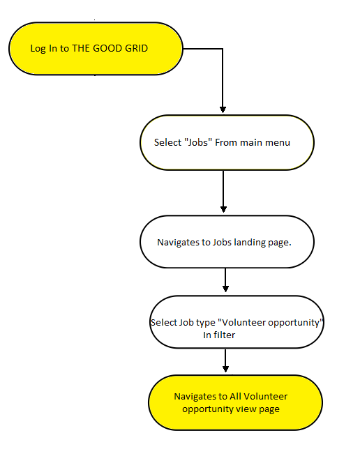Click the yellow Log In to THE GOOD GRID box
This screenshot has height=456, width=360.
point(96,49)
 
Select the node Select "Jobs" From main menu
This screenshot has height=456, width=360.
point(227,142)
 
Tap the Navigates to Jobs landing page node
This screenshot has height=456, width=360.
point(227,242)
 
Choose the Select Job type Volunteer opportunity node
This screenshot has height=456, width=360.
point(237,322)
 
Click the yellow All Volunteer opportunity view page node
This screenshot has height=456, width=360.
point(235,402)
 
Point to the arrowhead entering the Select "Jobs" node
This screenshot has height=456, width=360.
point(223,110)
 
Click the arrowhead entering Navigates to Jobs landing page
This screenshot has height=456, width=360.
point(223,209)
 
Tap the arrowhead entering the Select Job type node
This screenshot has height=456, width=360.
point(225,289)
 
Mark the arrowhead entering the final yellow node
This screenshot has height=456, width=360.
point(225,369)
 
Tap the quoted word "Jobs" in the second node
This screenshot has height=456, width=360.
point(198,142)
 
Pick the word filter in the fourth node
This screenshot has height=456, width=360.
point(224,335)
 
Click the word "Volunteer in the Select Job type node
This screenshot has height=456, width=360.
point(241,322)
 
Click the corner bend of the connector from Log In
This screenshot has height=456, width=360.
point(223,49)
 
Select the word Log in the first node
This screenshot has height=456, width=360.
point(38,49)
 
